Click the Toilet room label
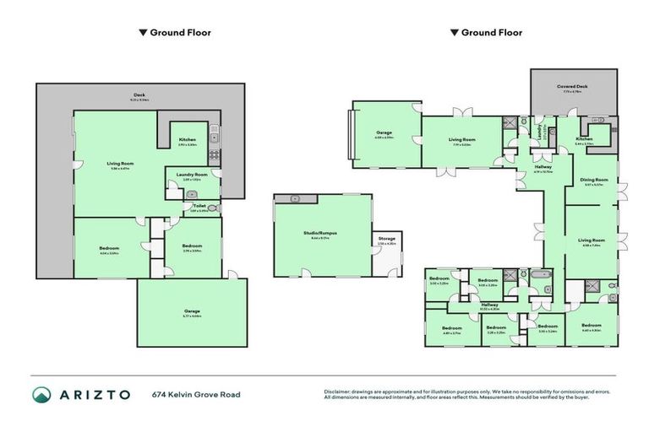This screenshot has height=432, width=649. click(x=199, y=205)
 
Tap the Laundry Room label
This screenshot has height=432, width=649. click(x=192, y=175)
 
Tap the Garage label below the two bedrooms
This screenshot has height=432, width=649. click(x=192, y=311)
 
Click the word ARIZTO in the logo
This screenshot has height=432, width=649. click(x=95, y=394)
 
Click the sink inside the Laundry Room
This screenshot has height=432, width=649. click(x=192, y=193)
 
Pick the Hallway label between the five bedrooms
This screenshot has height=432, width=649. click(x=489, y=305)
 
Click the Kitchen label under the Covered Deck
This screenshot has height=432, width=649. click(x=584, y=139)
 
